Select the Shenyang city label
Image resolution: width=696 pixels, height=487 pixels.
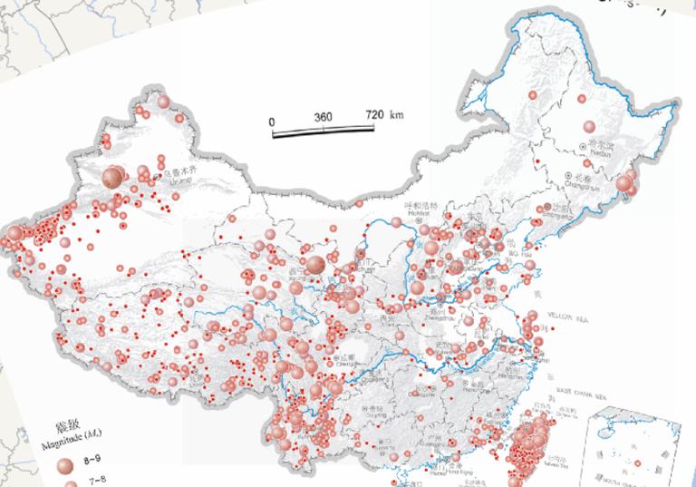[x=556, y=211]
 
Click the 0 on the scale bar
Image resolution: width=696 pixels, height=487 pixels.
[x=272, y=120]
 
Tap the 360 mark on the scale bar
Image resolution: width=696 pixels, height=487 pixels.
[x=324, y=118]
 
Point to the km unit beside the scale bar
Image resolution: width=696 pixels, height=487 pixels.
[x=397, y=115]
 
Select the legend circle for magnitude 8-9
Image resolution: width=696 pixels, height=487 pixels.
[x=64, y=465]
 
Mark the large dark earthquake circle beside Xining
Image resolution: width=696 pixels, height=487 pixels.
[x=314, y=265]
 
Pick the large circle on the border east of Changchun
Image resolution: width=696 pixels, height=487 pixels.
[x=623, y=186]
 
